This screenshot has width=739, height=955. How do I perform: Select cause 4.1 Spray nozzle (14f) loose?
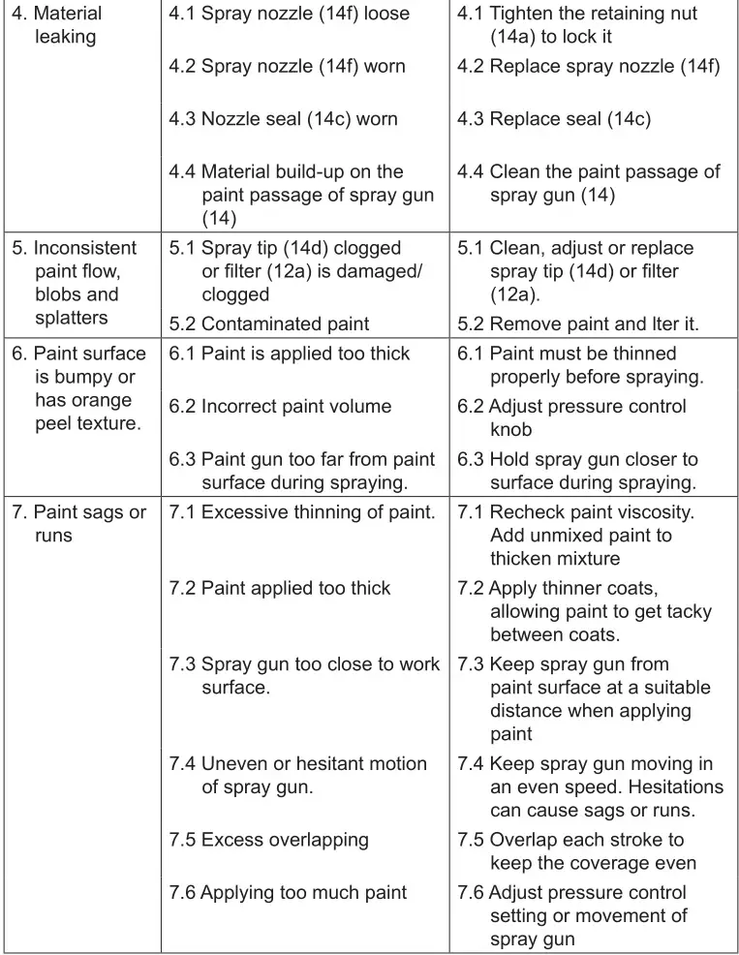click(289, 15)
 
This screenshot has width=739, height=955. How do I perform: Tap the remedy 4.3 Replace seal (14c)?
click(553, 119)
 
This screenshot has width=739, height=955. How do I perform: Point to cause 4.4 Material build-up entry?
click(300, 195)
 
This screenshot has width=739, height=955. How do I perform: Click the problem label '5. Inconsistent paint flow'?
click(75, 283)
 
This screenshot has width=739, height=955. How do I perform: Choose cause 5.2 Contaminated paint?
click(269, 324)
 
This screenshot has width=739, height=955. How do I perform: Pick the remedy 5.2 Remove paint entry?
click(591, 324)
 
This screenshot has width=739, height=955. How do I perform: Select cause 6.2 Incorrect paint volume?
click(280, 407)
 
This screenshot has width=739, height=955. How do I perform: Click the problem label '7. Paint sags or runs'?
click(78, 523)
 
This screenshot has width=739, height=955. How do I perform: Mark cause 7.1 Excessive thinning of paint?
click(302, 512)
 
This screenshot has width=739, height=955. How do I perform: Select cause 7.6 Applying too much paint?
click(288, 893)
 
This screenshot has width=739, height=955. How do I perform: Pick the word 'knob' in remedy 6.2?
click(510, 429)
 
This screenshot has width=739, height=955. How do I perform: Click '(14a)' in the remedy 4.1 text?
click(516, 37)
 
